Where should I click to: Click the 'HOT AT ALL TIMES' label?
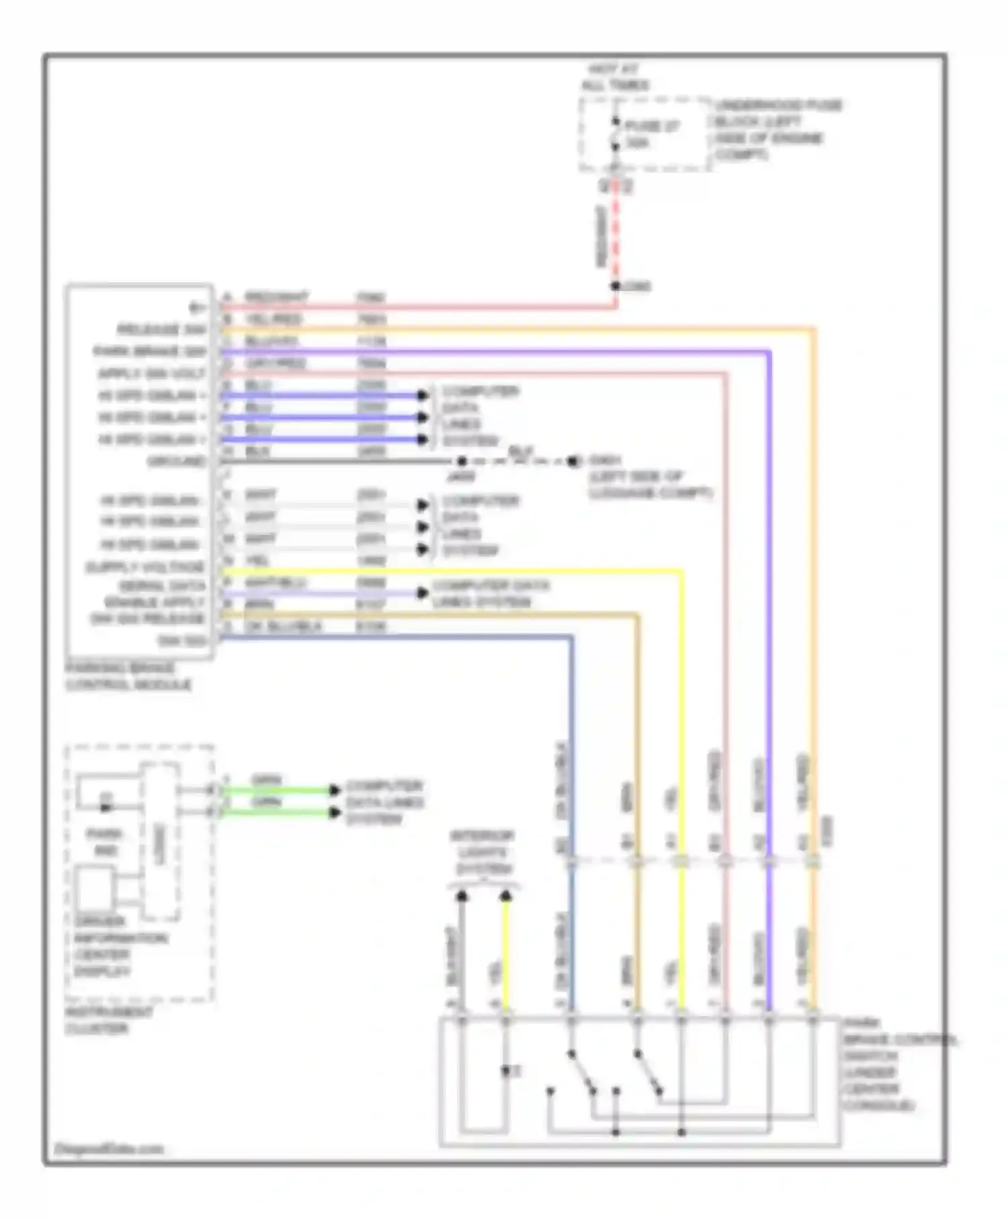point(615,77)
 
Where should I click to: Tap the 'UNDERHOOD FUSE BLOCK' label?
point(778,130)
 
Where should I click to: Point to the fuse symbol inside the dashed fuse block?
point(615,134)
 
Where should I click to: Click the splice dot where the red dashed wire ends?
point(616,286)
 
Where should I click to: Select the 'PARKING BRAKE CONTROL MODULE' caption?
point(128,677)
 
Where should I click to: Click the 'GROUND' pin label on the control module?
point(177,462)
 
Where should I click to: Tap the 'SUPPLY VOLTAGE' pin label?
point(144,567)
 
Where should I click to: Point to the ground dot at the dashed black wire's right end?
point(573,462)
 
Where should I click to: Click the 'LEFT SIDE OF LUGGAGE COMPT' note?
point(650,485)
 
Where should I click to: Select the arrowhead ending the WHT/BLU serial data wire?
point(423,593)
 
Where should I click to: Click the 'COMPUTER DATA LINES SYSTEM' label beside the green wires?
point(384,803)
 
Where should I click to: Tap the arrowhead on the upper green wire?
point(335,790)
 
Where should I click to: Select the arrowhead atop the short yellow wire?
point(506,896)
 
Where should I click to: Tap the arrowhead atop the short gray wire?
point(462,896)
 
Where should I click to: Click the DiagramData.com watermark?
point(108,1148)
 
